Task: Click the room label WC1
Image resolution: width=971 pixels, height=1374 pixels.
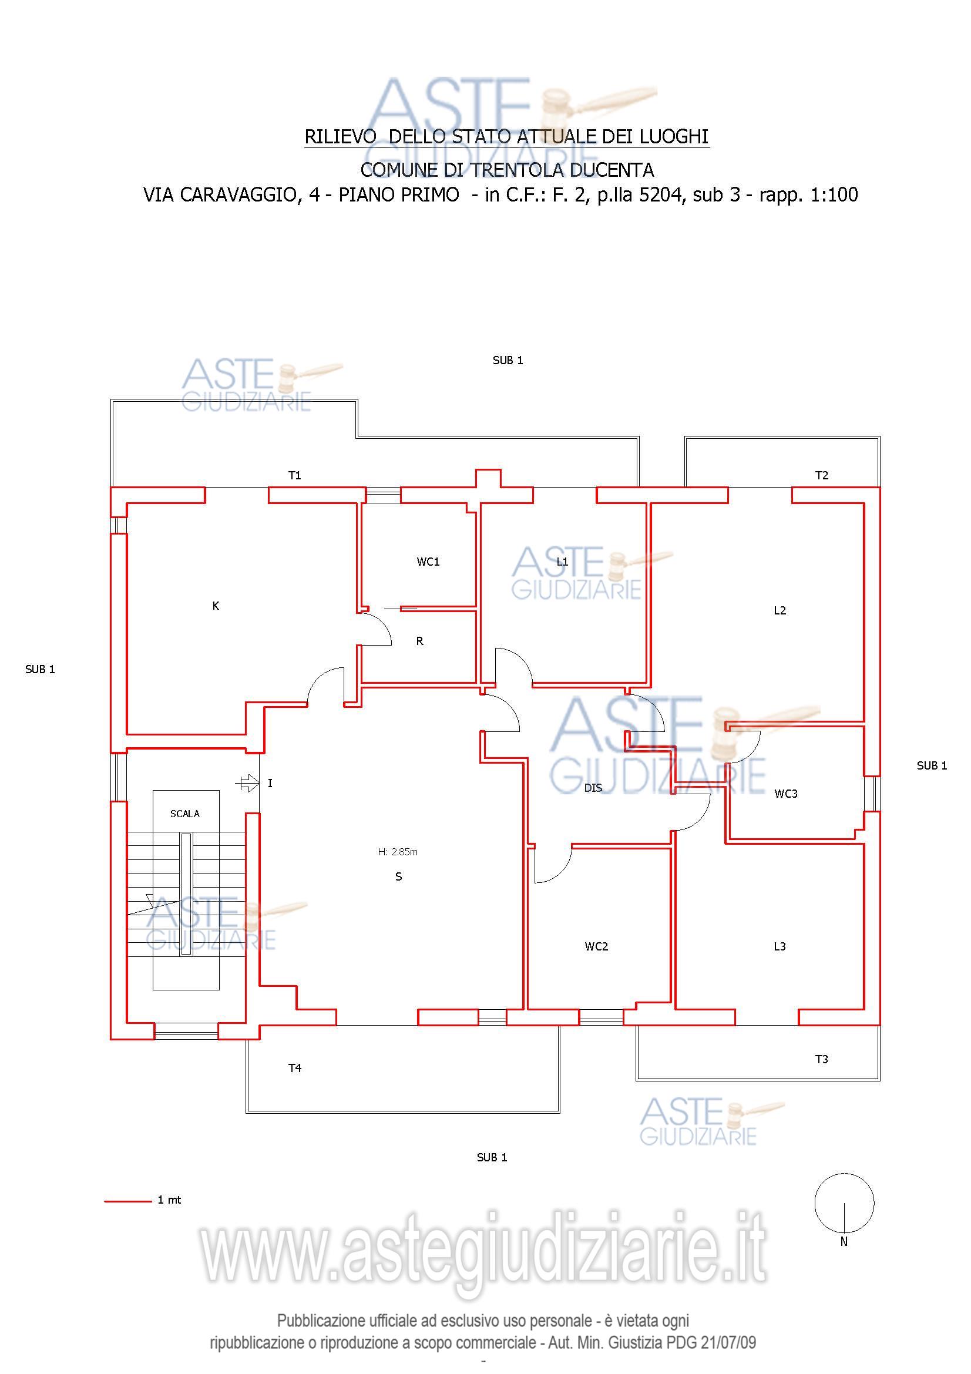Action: (x=428, y=562)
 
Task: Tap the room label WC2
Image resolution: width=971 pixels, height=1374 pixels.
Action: (x=596, y=946)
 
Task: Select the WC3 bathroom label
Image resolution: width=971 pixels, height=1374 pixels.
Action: (x=786, y=794)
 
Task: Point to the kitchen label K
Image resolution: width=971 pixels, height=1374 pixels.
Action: (x=216, y=606)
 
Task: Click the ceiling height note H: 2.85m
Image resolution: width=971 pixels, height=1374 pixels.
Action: (x=398, y=852)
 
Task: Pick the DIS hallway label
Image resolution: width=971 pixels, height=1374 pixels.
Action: (x=593, y=788)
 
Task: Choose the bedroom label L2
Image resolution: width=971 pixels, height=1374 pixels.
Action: (x=780, y=610)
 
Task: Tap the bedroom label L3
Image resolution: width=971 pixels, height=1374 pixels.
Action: (x=780, y=946)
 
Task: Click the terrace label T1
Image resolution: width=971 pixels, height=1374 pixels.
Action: (x=295, y=475)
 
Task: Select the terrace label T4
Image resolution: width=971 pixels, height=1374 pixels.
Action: (x=295, y=1067)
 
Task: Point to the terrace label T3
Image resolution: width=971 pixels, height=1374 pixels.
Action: (x=822, y=1059)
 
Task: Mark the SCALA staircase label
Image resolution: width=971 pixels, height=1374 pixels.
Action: (x=185, y=814)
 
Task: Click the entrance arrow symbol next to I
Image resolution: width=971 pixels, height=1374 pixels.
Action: (x=248, y=782)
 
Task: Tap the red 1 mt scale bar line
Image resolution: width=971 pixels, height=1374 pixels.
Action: (x=128, y=1201)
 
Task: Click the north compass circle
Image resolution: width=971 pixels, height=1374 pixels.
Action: (x=844, y=1203)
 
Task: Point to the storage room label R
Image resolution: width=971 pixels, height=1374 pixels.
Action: (x=420, y=641)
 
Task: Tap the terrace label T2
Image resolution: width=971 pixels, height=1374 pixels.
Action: (x=822, y=475)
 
